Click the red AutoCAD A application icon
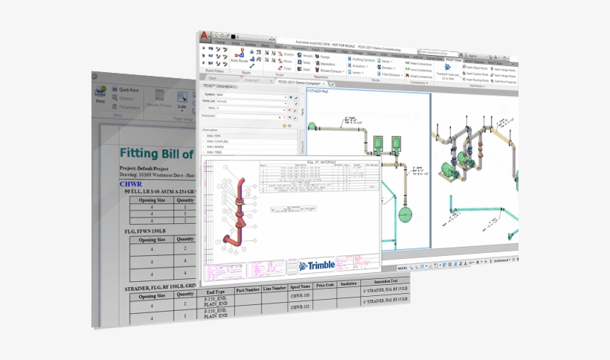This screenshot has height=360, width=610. (x=205, y=36)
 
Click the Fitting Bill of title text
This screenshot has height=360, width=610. (x=156, y=154)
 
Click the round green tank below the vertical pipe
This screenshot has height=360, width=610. (x=405, y=215)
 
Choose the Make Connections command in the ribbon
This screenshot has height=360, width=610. (x=420, y=63)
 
